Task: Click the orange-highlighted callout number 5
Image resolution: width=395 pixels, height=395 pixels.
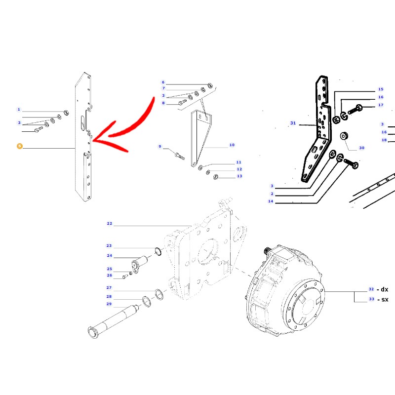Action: [x=20, y=146]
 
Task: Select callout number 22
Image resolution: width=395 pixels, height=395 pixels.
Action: [x=109, y=224]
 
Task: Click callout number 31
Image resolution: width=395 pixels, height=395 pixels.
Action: [x=293, y=123]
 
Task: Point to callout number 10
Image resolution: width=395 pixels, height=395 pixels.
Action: [x=232, y=145]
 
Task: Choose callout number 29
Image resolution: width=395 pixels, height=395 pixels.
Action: [x=109, y=304]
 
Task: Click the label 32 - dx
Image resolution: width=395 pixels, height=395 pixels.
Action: [x=378, y=289]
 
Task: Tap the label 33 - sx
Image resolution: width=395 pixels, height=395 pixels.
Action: [x=378, y=299]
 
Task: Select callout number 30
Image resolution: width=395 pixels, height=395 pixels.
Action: [x=361, y=148]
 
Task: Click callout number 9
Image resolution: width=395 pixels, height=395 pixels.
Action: [x=159, y=146]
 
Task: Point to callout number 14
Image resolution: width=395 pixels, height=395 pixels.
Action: [x=270, y=201]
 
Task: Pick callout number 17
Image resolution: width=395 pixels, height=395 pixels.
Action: [x=381, y=105]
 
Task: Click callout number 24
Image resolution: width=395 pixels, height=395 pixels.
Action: [x=109, y=255]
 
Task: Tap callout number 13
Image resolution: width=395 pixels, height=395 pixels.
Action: [x=239, y=176]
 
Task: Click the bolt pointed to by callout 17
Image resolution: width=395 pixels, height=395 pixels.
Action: [x=355, y=110]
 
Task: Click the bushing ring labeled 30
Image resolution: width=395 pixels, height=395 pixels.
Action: [x=344, y=136]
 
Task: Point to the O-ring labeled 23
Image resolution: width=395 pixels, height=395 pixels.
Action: [x=158, y=251]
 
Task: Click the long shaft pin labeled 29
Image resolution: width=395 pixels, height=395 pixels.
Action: [x=114, y=321]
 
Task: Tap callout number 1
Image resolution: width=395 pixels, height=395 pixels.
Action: [x=19, y=109]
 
